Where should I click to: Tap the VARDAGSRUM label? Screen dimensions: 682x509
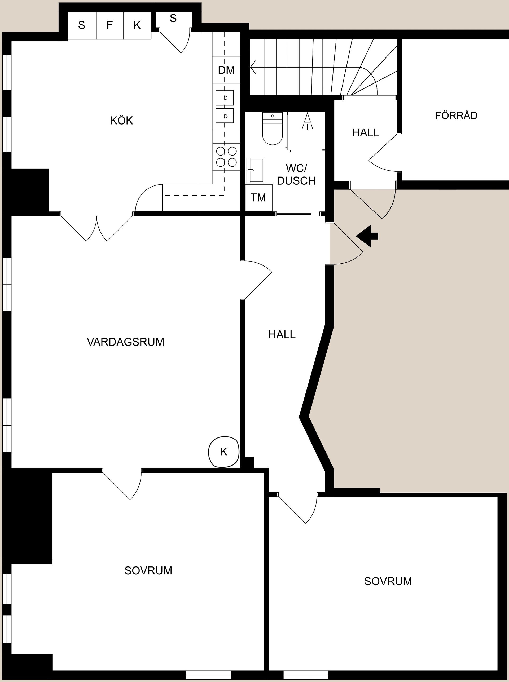point(125,342)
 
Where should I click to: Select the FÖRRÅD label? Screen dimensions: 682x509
point(456,116)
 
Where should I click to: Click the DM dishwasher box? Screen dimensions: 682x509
point(226,70)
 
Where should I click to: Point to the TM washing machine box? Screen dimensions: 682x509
point(258,198)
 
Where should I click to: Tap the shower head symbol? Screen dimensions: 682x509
point(307,121)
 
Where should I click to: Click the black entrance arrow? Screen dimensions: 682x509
point(367,236)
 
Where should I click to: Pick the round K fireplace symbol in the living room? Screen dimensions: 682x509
point(224,452)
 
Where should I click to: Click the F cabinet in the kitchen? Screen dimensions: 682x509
point(110,25)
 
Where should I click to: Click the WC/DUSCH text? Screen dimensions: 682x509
point(296,175)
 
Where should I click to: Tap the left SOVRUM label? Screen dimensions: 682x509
point(148,570)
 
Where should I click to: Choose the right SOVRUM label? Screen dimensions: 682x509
point(388,581)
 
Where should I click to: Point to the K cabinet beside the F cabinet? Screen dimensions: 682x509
point(137,25)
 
